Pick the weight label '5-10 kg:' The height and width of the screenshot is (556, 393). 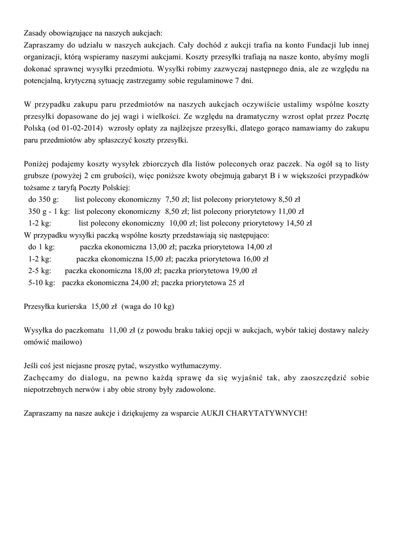[42, 282]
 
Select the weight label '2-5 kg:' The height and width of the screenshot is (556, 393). [40, 270]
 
